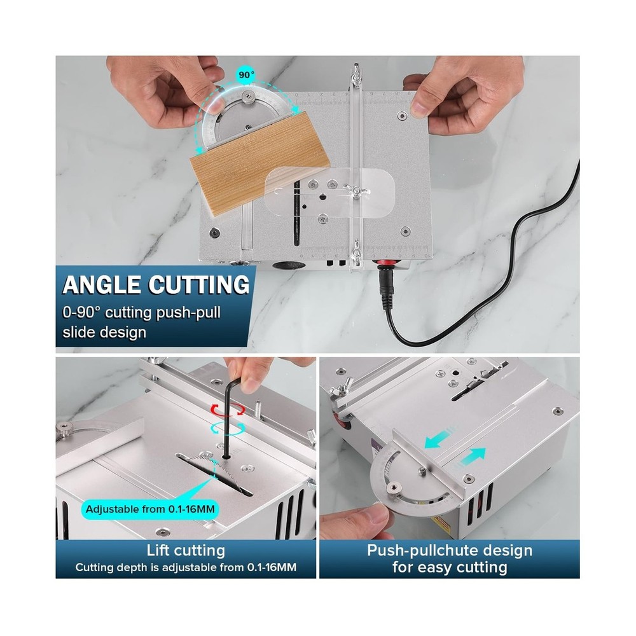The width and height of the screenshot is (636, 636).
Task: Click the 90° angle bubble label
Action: tap(245, 74)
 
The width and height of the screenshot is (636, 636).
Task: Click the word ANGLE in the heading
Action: tap(104, 284)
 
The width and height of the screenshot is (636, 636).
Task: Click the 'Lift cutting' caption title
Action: tap(185, 550)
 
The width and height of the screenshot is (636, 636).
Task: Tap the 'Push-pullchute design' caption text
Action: tap(450, 550)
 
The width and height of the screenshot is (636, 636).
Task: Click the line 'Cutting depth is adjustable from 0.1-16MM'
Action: tap(185, 567)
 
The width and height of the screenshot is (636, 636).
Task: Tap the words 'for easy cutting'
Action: tap(450, 567)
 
